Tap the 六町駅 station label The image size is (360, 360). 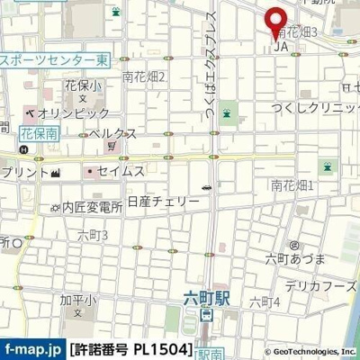[206, 297]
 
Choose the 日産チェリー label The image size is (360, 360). [163, 201]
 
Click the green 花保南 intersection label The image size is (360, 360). [38, 131]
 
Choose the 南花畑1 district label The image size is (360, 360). [292, 185]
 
